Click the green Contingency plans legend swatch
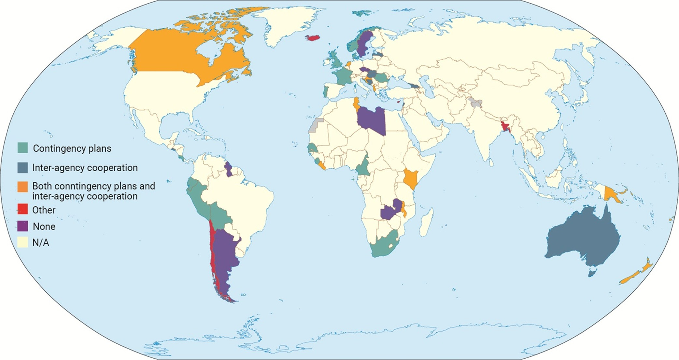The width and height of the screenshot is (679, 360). (x=22, y=148)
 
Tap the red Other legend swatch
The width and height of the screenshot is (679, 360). (x=22, y=209)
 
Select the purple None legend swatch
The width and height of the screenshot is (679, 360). (x=22, y=226)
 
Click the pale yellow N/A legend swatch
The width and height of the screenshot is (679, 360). (x=22, y=242)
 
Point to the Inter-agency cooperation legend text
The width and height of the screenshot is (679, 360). (x=85, y=168)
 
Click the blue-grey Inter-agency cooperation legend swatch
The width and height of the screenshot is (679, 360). (x=22, y=167)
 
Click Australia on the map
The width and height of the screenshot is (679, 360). (x=583, y=241)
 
